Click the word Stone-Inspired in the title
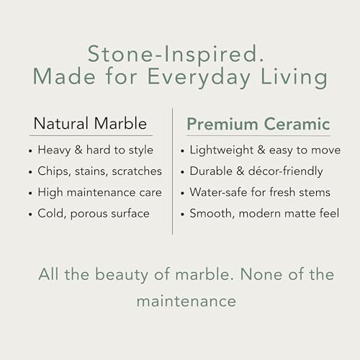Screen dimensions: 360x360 click(176, 55)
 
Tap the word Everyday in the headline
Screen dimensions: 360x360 click(199, 78)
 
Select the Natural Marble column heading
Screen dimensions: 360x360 click(90, 123)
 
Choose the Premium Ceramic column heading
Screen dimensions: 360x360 click(258, 124)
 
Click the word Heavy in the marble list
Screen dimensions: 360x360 click(54, 150)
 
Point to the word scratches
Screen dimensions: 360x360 click(137, 171)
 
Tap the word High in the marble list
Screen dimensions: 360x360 click(50, 192)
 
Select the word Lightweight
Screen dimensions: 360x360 click(222, 150)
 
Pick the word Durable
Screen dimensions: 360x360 click(211, 171)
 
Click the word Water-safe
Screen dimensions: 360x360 click(218, 192)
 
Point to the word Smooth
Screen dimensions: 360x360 click(211, 213)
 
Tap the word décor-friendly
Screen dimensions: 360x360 click(285, 171)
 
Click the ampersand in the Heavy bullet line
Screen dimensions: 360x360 click(78, 150)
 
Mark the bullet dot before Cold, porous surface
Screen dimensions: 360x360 click(30, 214)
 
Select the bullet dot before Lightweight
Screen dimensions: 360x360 click(182, 151)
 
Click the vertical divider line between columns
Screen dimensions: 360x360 click(172, 171)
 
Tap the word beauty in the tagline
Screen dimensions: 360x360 click(122, 275)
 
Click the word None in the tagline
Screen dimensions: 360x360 click(261, 274)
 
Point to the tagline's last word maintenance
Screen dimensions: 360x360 click(186, 302)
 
